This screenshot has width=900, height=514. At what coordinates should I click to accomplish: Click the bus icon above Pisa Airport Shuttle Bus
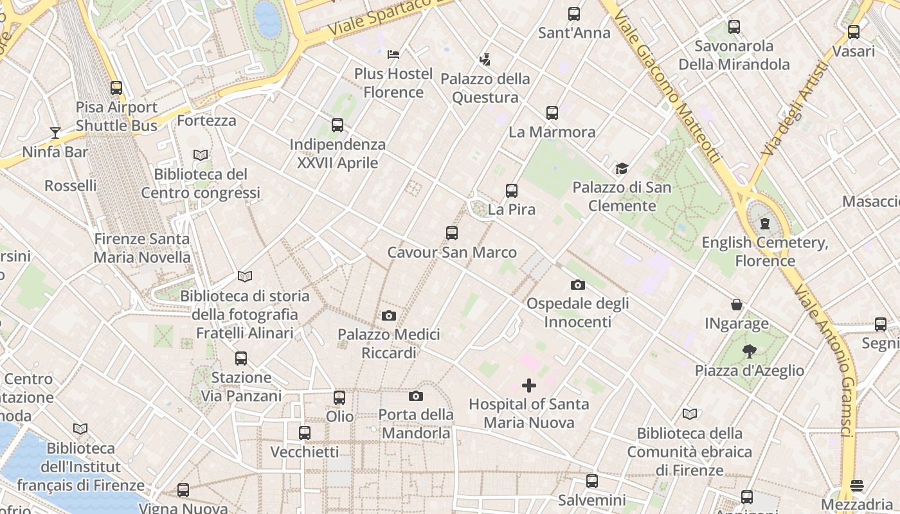(116, 88)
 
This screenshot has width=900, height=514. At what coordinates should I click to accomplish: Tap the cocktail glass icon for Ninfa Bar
(55, 133)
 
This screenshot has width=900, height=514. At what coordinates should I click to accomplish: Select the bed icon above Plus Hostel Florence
(393, 55)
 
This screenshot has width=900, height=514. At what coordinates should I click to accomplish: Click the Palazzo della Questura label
(485, 88)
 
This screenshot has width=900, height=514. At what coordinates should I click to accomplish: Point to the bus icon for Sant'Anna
(574, 13)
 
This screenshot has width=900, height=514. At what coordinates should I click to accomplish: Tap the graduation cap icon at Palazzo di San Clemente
(622, 169)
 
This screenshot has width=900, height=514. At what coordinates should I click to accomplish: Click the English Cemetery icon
(765, 224)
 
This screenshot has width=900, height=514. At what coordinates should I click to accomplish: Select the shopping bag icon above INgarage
(737, 305)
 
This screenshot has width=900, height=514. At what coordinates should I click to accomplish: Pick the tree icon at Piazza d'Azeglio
(749, 351)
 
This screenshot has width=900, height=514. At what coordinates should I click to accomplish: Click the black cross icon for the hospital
(528, 385)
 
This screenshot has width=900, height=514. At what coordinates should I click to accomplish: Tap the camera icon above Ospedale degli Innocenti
(577, 285)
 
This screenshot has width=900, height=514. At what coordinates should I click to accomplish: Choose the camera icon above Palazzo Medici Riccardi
(388, 315)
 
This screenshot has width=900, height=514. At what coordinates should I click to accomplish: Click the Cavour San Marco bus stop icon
(452, 233)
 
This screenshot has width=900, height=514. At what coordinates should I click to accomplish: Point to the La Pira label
(512, 209)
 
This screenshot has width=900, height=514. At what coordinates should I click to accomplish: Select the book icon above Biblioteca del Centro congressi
(201, 155)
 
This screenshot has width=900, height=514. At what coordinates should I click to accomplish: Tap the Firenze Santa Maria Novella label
(142, 248)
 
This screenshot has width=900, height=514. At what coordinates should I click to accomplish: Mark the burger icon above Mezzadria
(856, 485)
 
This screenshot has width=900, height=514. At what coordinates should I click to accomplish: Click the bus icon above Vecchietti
(305, 433)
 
